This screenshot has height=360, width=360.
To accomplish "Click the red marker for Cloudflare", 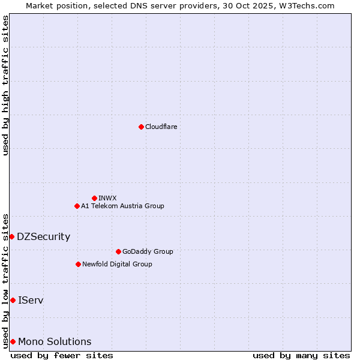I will pos(141,127).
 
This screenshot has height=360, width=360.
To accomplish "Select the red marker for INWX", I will pos(94,198).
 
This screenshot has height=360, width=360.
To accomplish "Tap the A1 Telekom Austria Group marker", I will pos(77,206).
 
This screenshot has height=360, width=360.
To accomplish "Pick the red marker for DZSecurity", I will pos(11,236).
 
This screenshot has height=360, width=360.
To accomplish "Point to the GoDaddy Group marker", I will pos(118,251).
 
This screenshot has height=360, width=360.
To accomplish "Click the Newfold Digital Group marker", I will pos(78,264).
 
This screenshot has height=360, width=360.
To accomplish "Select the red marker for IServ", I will pos(13,300).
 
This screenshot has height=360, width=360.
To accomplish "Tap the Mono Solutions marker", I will pos(13,341).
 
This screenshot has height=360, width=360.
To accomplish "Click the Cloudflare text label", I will pos(161,127).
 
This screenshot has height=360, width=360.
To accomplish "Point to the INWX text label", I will pos(107,198).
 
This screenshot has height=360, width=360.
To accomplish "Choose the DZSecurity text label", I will pos(43,236).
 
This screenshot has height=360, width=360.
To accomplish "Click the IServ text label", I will pos(31,300).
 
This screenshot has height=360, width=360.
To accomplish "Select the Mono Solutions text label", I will pos(55,341).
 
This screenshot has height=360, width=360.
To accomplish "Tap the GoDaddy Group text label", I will pos(148,251).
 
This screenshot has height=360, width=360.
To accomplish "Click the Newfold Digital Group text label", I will pos(117,264).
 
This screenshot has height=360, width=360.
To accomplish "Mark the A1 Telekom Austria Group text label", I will pos(122,206).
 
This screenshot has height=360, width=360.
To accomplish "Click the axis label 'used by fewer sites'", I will pos(62,355).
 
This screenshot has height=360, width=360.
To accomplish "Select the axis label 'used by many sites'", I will pos(301,355).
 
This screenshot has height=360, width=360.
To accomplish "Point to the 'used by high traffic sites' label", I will pos(5,85).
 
